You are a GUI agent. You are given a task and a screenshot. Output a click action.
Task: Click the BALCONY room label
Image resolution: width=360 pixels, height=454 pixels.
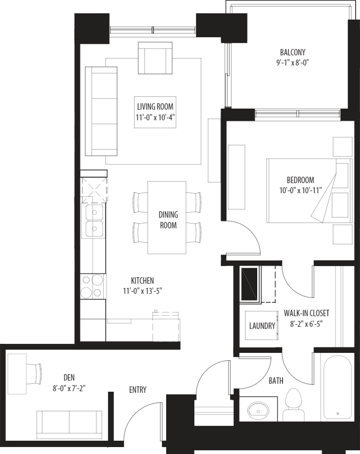click(292, 52)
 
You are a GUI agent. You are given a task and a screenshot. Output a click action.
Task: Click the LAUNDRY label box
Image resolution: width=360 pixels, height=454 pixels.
click(262, 325)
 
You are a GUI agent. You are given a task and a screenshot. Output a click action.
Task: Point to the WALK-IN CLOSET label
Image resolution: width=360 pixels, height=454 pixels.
click(306, 313)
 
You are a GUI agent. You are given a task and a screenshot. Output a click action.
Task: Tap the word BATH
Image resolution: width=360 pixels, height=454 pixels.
click(276, 381)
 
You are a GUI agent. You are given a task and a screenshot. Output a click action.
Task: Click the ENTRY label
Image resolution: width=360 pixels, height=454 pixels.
click(138, 390)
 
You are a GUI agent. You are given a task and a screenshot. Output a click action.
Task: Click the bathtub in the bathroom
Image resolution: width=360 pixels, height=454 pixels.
click(338, 387)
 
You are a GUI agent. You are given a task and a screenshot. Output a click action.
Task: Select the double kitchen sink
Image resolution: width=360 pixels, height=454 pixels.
click(94, 221)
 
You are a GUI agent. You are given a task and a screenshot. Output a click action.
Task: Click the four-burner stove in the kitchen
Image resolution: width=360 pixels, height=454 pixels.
click(92, 286)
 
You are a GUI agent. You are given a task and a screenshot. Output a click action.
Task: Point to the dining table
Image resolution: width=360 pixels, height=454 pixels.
click(167, 218)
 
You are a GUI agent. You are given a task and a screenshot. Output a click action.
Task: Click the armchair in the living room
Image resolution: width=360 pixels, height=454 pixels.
click(155, 58)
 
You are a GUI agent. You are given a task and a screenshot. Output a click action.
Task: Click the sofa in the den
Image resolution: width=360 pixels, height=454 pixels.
click(69, 424)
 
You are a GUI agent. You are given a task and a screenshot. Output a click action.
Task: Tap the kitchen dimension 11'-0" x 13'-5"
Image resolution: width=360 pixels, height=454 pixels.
click(142, 291)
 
